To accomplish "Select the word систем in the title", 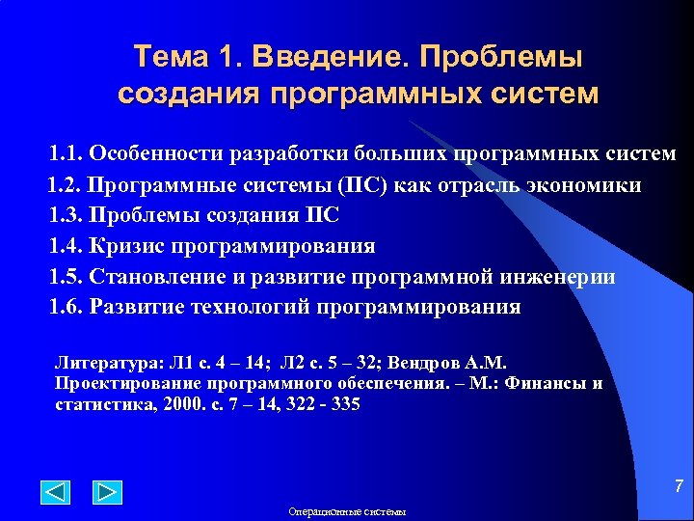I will pyautogui.click(x=543, y=95).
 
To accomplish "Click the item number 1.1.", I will pyautogui.click(x=67, y=154).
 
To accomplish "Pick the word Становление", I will pyautogui.click(x=160, y=277).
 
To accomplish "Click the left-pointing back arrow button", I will pyautogui.click(x=56, y=492).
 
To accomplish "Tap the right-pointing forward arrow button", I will pyautogui.click(x=107, y=492).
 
